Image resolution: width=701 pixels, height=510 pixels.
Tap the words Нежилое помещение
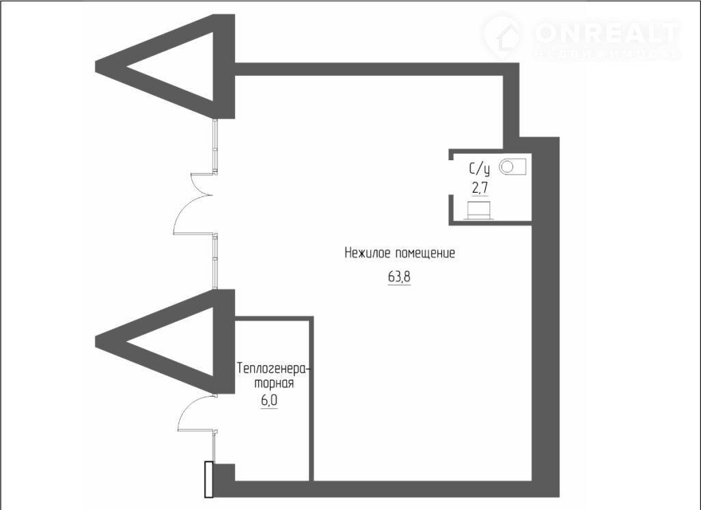point(399,254)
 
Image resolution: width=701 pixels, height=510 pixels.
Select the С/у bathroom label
point(478,168)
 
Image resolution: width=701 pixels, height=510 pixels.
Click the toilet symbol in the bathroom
point(479,210)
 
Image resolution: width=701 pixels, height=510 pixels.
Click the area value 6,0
point(269,399)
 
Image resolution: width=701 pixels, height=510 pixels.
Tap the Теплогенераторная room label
point(273,376)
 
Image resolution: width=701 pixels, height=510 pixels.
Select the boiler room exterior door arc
point(195,413)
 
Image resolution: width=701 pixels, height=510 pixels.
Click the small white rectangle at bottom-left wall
point(209,479)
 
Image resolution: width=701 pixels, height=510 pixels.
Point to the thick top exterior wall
point(369,69)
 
